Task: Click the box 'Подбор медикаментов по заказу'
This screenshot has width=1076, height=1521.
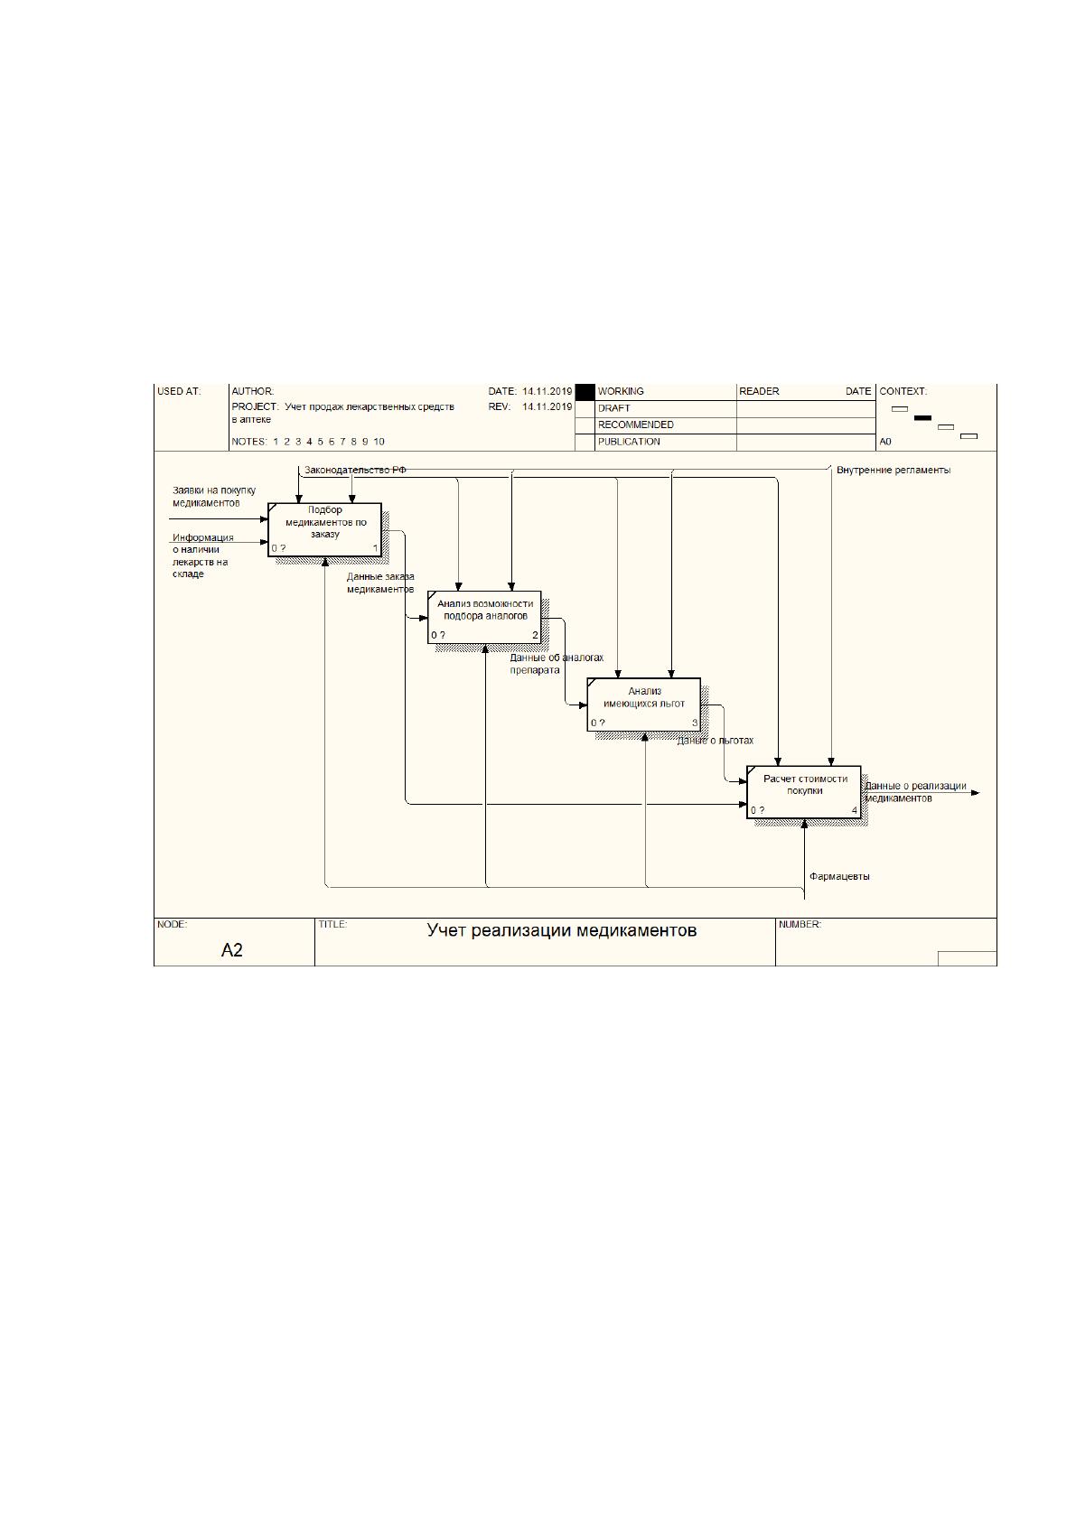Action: (x=324, y=529)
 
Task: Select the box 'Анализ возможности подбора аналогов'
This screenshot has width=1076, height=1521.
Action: (x=484, y=617)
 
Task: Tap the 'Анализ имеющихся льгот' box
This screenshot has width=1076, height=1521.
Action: (x=644, y=705)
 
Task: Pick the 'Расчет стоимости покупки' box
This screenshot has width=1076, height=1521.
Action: (x=803, y=792)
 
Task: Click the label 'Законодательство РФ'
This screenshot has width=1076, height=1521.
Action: (x=355, y=470)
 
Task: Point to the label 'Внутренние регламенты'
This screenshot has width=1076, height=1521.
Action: (x=894, y=470)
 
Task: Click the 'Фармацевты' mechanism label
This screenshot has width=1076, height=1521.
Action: (x=839, y=877)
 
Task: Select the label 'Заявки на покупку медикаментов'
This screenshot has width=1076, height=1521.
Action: (x=214, y=497)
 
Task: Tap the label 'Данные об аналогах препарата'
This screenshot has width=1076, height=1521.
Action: (x=557, y=664)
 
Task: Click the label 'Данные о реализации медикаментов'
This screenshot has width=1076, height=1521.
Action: (x=916, y=792)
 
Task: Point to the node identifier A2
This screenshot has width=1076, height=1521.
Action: (x=231, y=950)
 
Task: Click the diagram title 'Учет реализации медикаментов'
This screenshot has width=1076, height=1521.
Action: (x=562, y=930)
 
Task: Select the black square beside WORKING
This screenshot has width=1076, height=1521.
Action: (x=585, y=392)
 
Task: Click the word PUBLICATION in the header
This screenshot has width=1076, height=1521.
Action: (x=629, y=442)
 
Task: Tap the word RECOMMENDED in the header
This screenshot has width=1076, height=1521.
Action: (x=636, y=425)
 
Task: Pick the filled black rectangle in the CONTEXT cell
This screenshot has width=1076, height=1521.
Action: (x=922, y=417)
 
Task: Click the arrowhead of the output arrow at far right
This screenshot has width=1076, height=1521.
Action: (x=976, y=792)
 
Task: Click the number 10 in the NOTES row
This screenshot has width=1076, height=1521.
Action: (x=379, y=442)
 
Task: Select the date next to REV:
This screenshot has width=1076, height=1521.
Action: (x=547, y=406)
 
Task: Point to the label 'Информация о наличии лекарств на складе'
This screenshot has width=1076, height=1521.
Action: (x=202, y=555)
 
